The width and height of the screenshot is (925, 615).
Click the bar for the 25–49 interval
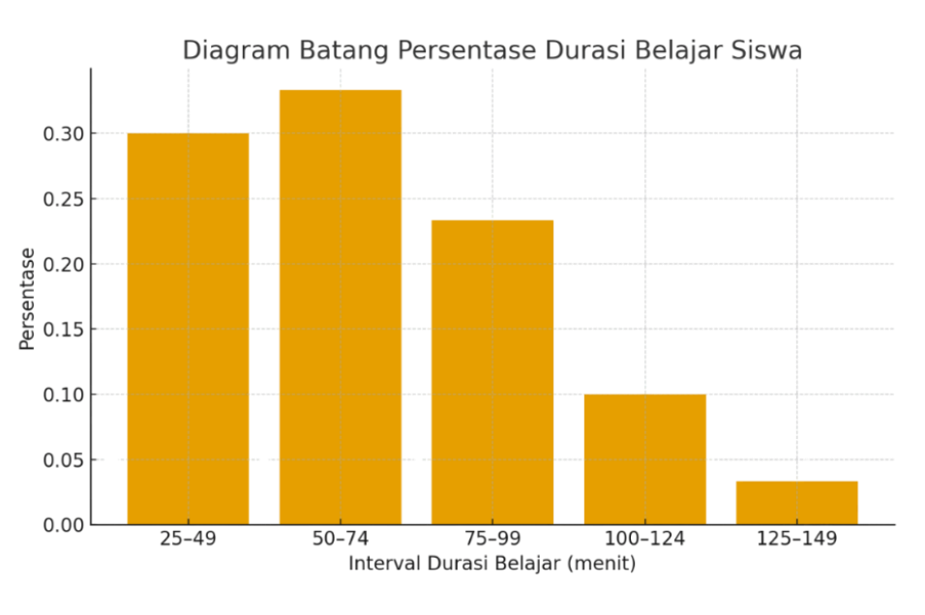pos(188,329)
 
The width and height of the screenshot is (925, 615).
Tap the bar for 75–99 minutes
pos(492,372)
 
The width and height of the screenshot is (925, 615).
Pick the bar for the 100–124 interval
pos(644,459)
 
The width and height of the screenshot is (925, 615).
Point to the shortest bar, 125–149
pos(796,502)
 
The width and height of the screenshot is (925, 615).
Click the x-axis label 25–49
pos(188,539)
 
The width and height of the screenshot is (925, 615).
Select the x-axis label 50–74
pos(340,539)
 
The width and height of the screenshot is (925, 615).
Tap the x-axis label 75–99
pos(492,539)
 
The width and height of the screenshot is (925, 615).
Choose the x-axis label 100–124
pos(644,539)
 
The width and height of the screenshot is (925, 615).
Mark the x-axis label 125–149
pos(796,539)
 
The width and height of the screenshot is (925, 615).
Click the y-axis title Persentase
pos(27,299)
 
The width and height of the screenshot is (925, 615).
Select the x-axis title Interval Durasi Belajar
pos(492,564)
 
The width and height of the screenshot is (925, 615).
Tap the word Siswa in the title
pos(768,50)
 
